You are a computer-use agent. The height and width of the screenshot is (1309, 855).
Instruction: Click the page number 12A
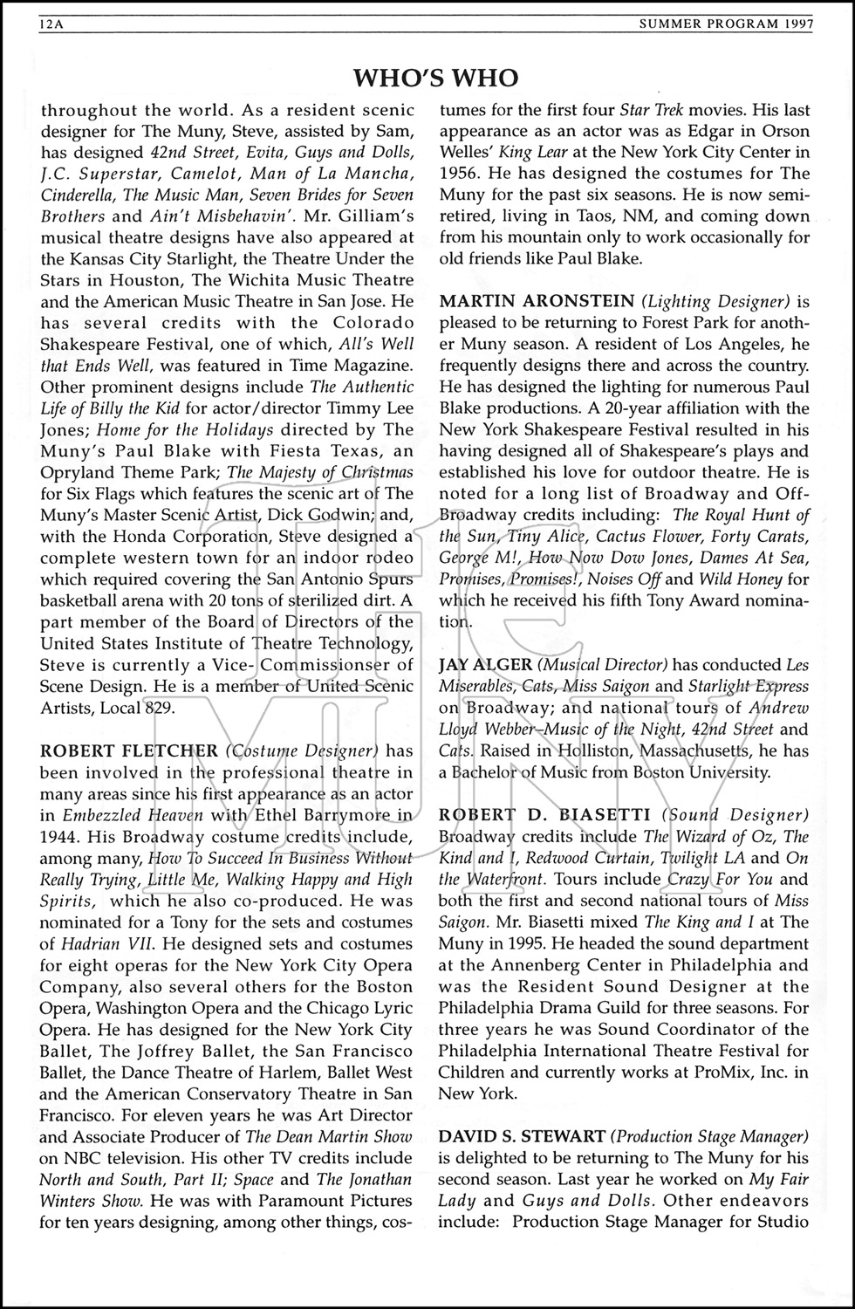(53, 25)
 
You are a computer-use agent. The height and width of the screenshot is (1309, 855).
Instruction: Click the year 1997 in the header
(795, 25)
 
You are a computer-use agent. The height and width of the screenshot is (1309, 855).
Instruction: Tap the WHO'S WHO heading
(435, 79)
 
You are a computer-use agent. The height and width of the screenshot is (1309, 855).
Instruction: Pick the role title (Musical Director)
(598, 665)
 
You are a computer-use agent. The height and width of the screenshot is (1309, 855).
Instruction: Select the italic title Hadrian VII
(99, 943)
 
